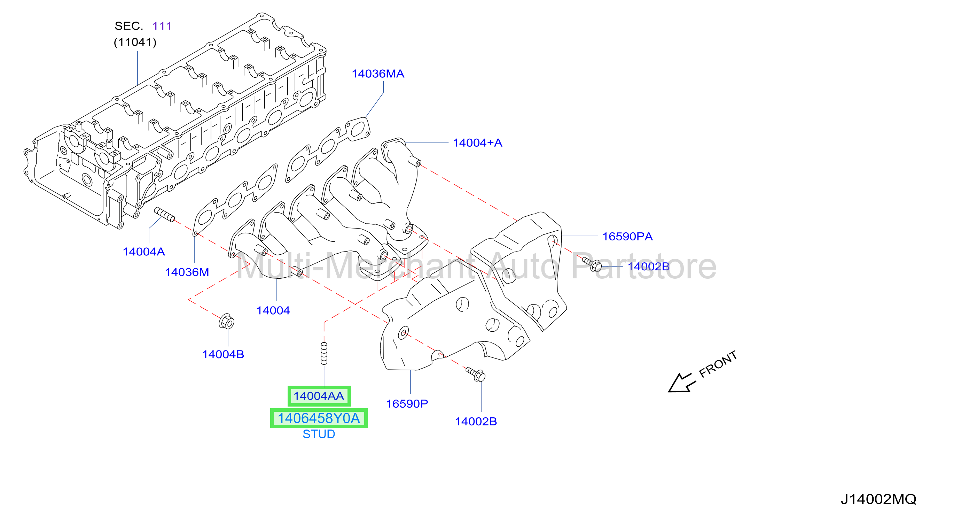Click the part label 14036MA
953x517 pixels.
(x=378, y=74)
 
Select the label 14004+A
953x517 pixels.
(x=477, y=143)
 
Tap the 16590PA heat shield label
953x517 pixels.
(x=627, y=236)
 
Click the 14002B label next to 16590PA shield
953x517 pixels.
(x=649, y=267)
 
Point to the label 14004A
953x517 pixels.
(x=143, y=252)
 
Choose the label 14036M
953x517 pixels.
(x=187, y=272)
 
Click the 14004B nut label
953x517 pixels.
(x=223, y=354)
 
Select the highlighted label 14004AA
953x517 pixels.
(x=319, y=396)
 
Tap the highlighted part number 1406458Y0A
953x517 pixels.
(x=319, y=418)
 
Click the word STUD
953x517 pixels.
(x=319, y=434)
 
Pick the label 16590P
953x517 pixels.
(x=407, y=403)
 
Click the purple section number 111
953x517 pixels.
(x=162, y=26)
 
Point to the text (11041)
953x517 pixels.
(x=135, y=42)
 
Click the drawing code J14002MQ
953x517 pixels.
(x=878, y=499)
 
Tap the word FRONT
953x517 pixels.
(x=718, y=364)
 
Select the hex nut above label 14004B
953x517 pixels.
(x=226, y=322)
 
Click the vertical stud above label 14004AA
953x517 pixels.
(x=324, y=353)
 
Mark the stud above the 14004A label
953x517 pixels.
(x=164, y=215)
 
